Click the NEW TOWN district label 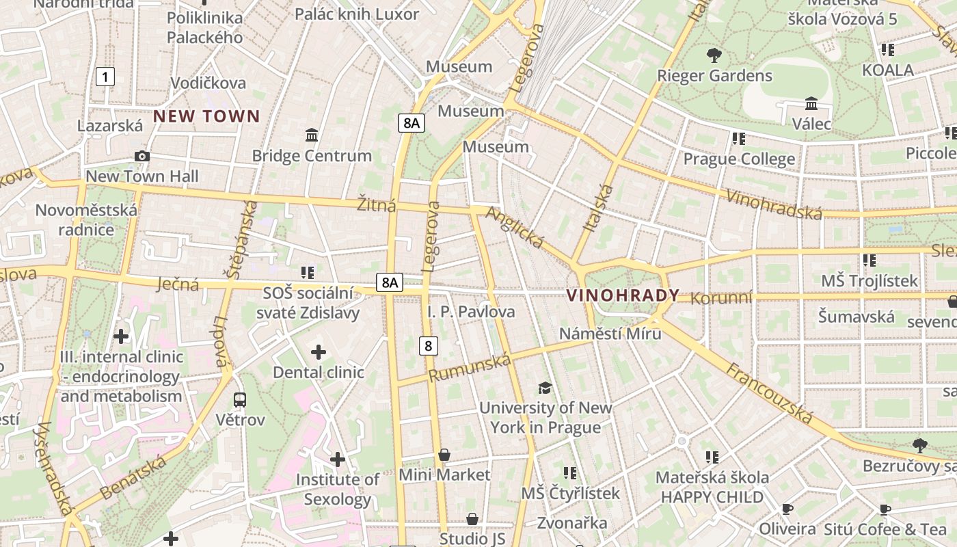pyautogui.click(x=206, y=116)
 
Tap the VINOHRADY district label pyautogui.click(x=623, y=295)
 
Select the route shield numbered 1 pyautogui.click(x=105, y=77)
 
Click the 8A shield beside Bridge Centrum pyautogui.click(x=412, y=123)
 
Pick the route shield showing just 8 pyautogui.click(x=428, y=345)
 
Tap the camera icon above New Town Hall pyautogui.click(x=142, y=156)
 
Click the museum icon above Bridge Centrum pyautogui.click(x=312, y=135)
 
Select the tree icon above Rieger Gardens pyautogui.click(x=714, y=55)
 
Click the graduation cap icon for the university pyautogui.click(x=545, y=388)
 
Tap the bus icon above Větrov pyautogui.click(x=240, y=399)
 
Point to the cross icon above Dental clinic pyautogui.click(x=319, y=352)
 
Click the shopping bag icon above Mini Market pyautogui.click(x=444, y=455)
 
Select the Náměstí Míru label pyautogui.click(x=610, y=334)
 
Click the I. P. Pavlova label pyautogui.click(x=471, y=312)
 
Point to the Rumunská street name pyautogui.click(x=470, y=367)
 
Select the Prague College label pyautogui.click(x=739, y=159)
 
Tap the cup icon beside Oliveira pyautogui.click(x=787, y=509)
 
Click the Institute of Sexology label pyautogui.click(x=337, y=490)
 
